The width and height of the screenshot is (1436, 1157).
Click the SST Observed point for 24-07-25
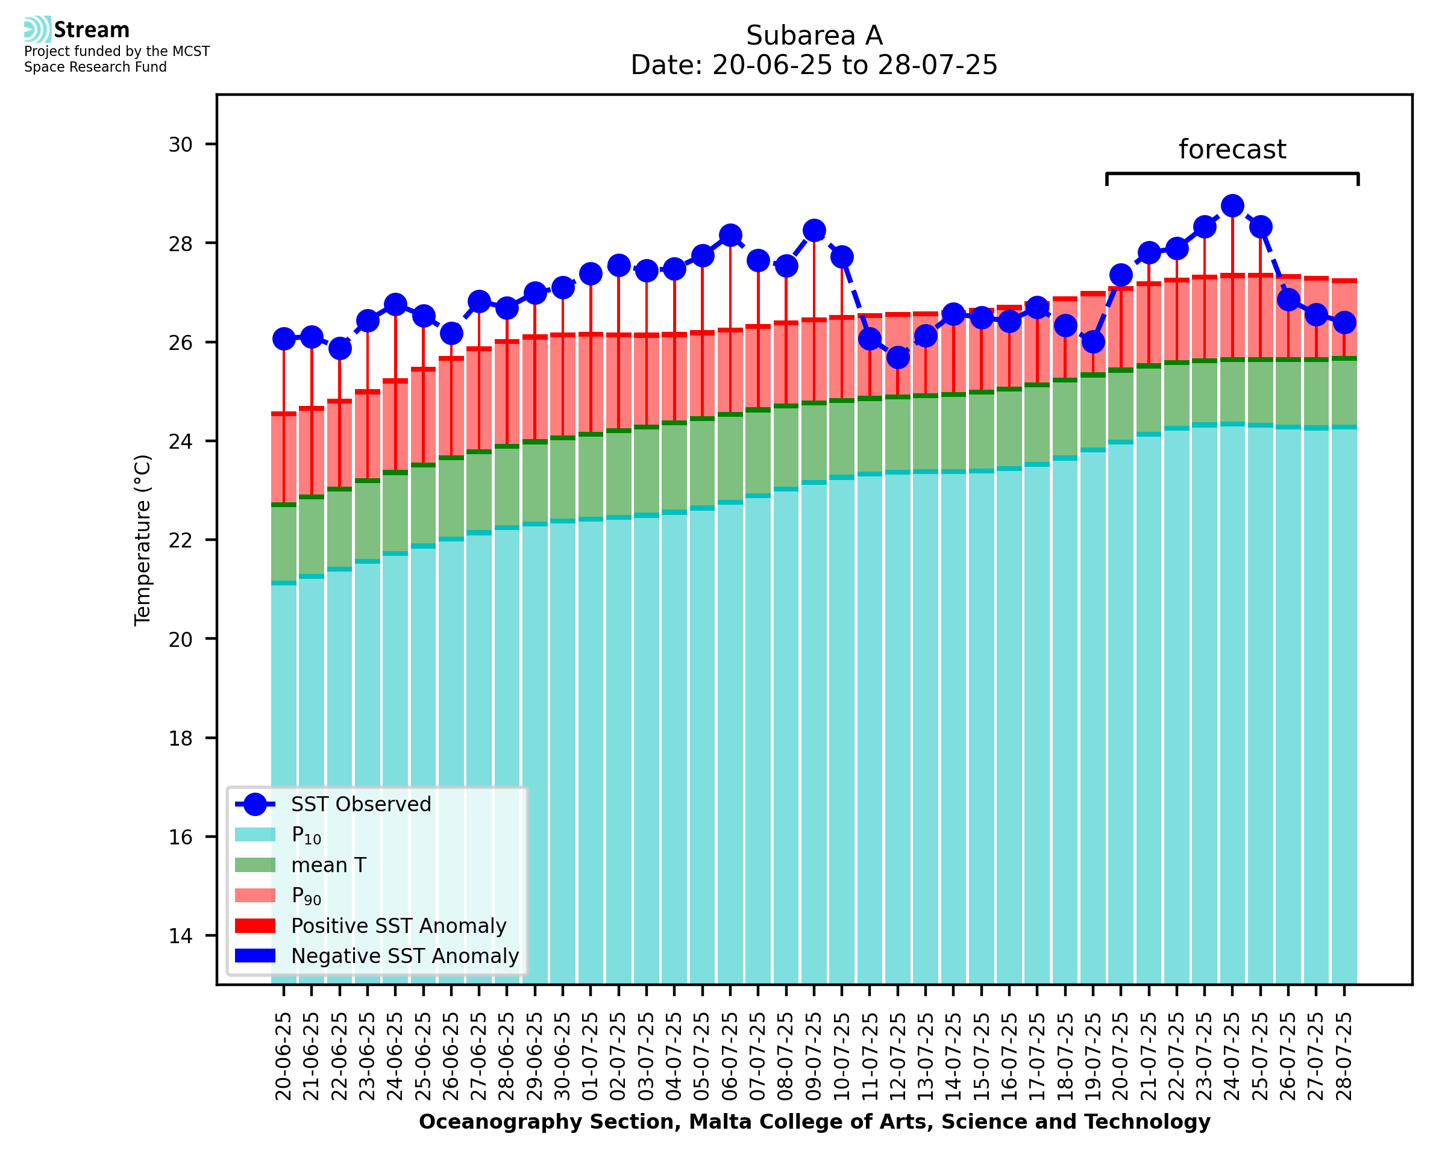point(1232,206)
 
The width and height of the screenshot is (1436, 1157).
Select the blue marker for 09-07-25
point(814,231)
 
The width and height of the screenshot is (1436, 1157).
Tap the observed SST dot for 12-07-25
point(897,358)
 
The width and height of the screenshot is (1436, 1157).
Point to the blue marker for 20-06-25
point(284,338)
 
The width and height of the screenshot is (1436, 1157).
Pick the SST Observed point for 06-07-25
point(730,235)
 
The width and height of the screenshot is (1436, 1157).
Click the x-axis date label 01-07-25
point(591,1056)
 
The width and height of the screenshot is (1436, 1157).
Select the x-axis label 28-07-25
point(1344,1056)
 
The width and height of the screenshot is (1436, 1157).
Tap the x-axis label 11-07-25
point(870,1056)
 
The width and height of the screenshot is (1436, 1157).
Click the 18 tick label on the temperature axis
point(180,738)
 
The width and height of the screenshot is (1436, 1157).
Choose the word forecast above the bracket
point(1232,149)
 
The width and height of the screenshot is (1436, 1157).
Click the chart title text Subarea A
point(814,36)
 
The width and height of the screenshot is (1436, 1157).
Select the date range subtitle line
point(814,65)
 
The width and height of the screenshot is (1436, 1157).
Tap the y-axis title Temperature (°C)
point(143,540)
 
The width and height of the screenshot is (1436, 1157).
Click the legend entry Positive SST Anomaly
point(399,926)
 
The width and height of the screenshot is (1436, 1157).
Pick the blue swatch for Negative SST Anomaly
point(255,956)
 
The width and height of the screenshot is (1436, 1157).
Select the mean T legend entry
point(328,865)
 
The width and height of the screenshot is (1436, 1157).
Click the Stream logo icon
point(37,30)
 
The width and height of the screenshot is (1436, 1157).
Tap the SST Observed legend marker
point(255,805)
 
